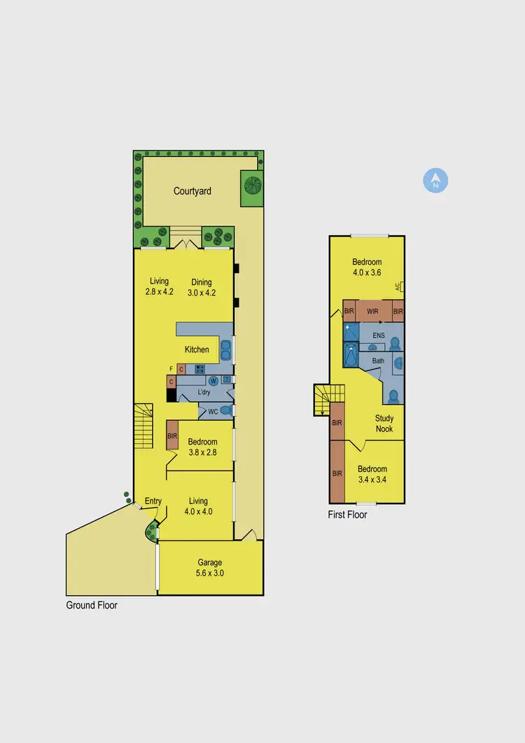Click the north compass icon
435,181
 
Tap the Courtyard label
192,190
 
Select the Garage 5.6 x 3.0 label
209,567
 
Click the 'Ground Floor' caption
92,605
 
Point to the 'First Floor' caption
347,515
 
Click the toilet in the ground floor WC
225,411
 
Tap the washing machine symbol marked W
213,381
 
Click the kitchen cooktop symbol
199,369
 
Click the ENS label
378,335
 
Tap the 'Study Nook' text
384,424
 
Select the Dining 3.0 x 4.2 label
202,288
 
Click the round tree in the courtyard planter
251,187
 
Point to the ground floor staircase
143,420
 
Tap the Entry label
153,501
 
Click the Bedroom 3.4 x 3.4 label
372,474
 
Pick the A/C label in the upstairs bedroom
397,286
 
